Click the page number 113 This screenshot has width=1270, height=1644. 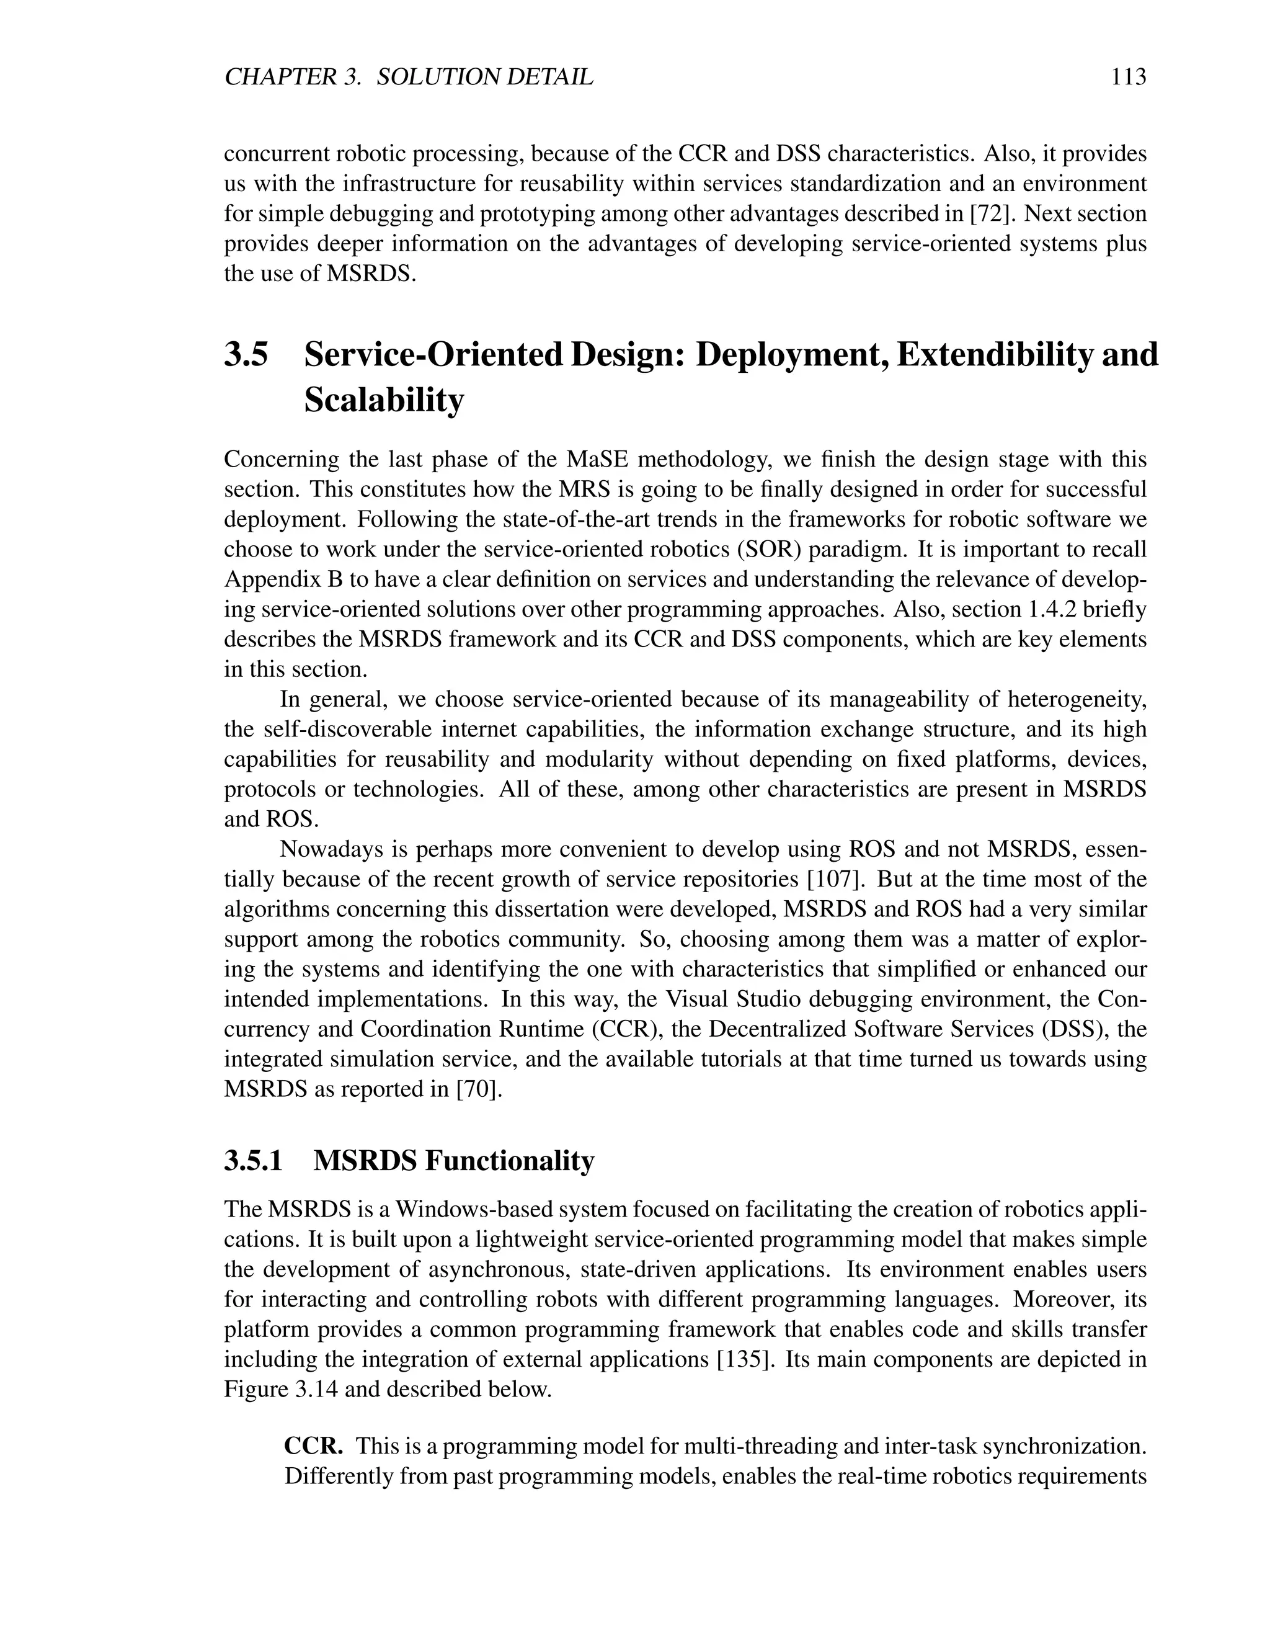pos(1128,77)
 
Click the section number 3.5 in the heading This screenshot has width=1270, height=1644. pos(246,354)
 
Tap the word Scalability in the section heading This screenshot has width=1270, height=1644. pos(384,400)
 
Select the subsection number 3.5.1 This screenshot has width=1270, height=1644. pos(254,1160)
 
